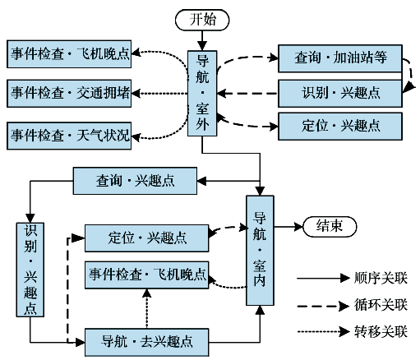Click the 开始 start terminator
coord(202,20)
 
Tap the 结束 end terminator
coord(330,227)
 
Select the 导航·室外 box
coord(202,93)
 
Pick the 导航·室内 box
coord(260,251)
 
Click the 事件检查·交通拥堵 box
coord(69,94)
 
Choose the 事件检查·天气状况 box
coord(69,136)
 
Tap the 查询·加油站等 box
coord(340,58)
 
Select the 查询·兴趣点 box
coord(135,181)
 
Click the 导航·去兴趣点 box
coord(147,342)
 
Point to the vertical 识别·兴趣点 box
coord(30,270)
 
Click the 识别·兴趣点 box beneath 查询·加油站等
coord(340,94)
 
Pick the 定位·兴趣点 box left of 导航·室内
coord(147,238)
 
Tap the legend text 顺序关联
coord(381,279)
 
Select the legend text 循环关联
coord(381,305)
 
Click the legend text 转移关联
coord(381,331)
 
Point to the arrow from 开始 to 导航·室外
coord(202,40)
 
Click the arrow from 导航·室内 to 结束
coord(288,227)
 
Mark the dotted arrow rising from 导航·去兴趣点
coord(147,308)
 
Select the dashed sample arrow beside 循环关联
coord(324,306)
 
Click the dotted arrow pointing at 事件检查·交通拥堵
coord(159,94)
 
